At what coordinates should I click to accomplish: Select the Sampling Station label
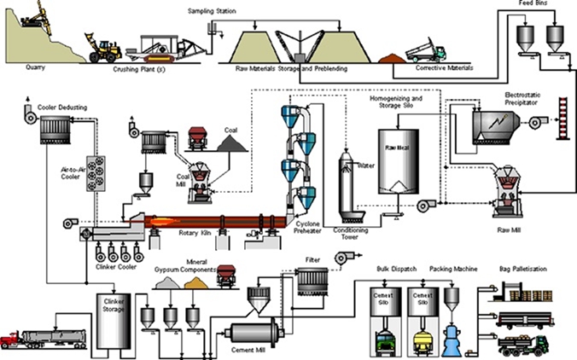(212, 12)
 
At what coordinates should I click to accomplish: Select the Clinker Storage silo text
(114, 305)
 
